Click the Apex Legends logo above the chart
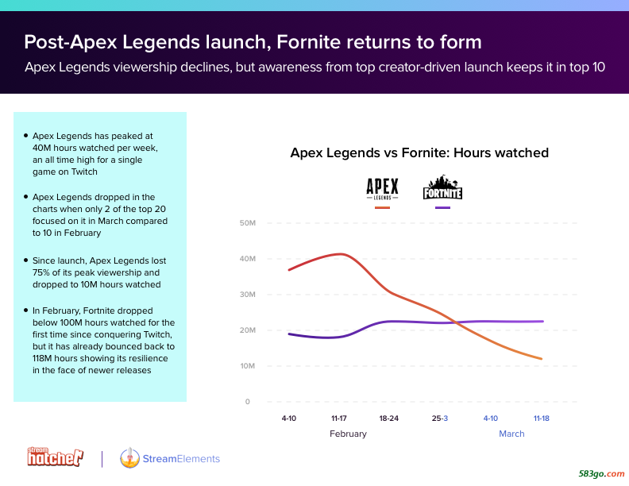click(382, 189)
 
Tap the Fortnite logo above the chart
click(442, 187)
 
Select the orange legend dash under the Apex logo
click(382, 207)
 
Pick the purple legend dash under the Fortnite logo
click(442, 207)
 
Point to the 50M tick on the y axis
click(248, 223)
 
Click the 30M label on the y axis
click(248, 295)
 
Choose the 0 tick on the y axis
click(247, 401)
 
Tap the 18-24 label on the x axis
click(388, 418)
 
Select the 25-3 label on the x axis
click(440, 418)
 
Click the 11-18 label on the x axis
click(541, 418)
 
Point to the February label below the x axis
click(348, 434)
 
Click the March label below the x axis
click(511, 434)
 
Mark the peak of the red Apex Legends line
click(341, 254)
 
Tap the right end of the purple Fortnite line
click(542, 321)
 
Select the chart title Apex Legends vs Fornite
click(419, 152)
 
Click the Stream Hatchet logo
click(55, 457)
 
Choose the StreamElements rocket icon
click(129, 457)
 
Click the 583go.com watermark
click(601, 473)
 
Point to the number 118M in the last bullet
click(43, 358)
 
